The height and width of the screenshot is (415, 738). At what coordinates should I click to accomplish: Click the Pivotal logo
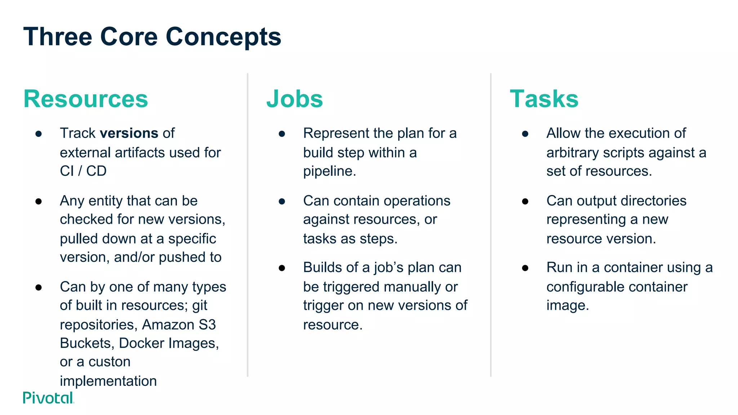48,398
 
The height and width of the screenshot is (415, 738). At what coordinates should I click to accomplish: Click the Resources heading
86,99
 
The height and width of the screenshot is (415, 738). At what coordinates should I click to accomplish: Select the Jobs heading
294,99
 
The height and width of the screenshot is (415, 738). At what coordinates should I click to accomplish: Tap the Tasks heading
544,99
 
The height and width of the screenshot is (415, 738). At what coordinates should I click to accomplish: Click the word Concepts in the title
223,37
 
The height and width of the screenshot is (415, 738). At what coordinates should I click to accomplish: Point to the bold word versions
129,133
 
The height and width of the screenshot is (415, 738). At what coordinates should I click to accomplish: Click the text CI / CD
83,171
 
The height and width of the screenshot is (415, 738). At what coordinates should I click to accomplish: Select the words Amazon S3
179,325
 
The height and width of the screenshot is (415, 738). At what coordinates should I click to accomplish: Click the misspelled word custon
110,362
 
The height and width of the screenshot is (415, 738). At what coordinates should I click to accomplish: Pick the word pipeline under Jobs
329,171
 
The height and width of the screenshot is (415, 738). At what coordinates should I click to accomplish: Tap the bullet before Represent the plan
282,134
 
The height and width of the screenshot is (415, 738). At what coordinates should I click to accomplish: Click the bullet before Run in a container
525,268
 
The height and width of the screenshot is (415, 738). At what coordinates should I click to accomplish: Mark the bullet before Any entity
39,201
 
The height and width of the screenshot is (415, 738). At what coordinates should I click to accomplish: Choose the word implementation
108,381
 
